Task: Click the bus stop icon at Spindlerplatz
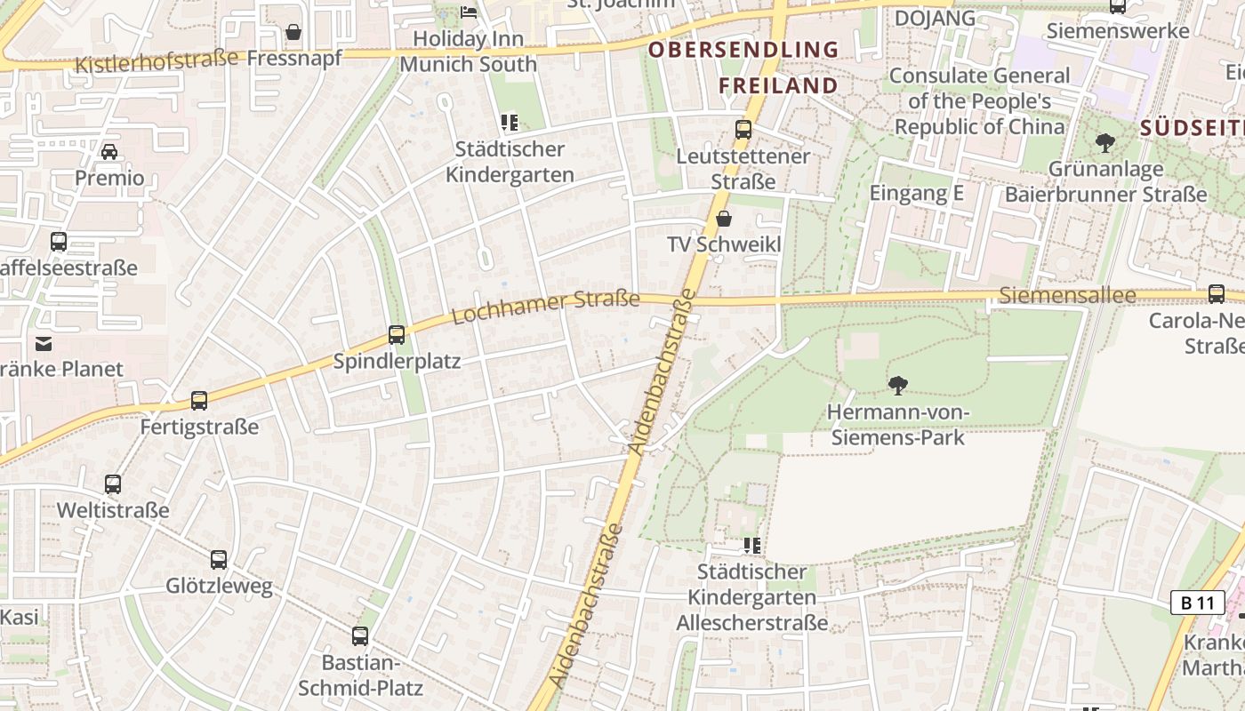tap(397, 335)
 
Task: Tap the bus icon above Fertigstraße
tap(199, 401)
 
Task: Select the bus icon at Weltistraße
tap(113, 484)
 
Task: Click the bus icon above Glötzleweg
tap(219, 560)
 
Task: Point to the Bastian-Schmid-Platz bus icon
tap(360, 636)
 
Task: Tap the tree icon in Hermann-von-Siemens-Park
tap(898, 386)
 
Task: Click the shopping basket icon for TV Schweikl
tap(724, 219)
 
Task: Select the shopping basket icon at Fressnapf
tap(293, 33)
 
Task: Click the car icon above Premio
tap(109, 152)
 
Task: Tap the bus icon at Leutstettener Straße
tap(743, 131)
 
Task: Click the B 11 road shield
tap(1196, 603)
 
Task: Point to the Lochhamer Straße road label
tap(546, 307)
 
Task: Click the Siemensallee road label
tap(1067, 295)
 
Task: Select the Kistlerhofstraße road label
tap(157, 61)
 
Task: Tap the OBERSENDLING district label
tap(743, 50)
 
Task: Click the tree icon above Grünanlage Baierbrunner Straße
tap(1105, 142)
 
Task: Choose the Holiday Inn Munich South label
tap(469, 52)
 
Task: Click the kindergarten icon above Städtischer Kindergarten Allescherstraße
tap(752, 546)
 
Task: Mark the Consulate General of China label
tap(979, 101)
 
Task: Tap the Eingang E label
tap(916, 193)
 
